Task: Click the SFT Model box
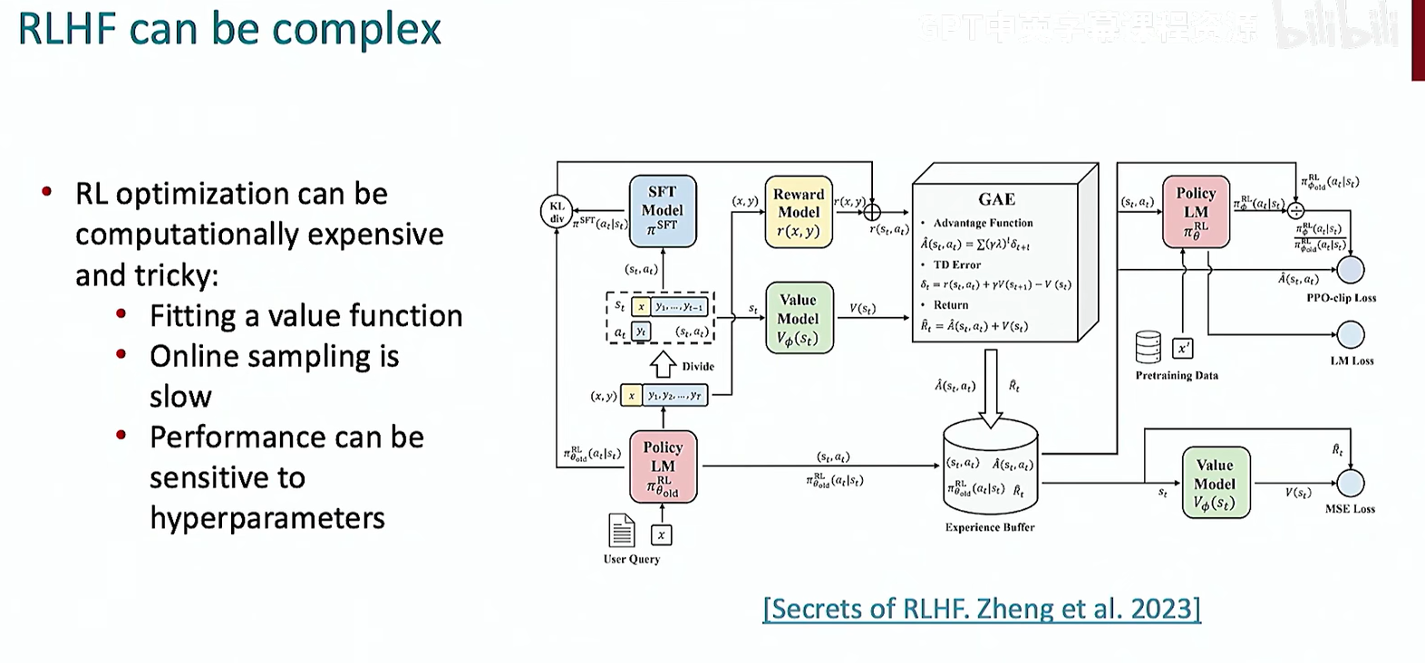[663, 211]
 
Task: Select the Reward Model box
[798, 212]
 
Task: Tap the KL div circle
[556, 212]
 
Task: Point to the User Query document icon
[622, 531]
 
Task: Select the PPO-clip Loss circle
[1351, 270]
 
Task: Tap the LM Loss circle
[1351, 334]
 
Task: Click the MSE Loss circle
[1351, 483]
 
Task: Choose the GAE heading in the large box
[996, 199]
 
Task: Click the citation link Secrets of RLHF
[982, 608]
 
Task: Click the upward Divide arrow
[664, 364]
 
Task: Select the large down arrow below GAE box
[991, 389]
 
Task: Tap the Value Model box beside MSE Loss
[1215, 484]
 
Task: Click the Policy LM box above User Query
[663, 466]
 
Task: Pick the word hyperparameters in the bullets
[267, 518]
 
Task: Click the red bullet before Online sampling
[121, 355]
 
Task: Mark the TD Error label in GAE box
[956, 264]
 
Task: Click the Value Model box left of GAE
[798, 318]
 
